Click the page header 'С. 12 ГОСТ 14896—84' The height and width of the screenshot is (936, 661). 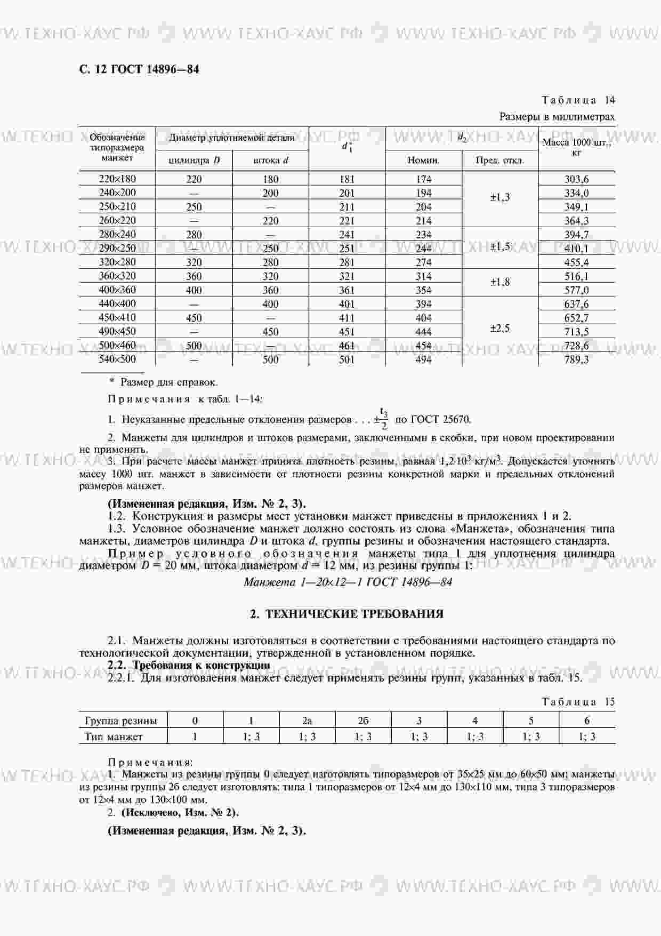[139, 69]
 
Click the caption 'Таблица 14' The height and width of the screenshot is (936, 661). [578, 100]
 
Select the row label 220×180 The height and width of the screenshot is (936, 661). [117, 179]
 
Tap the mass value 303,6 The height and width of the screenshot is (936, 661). [576, 179]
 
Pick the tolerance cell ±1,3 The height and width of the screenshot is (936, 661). [500, 197]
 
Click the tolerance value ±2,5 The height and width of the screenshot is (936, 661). [500, 329]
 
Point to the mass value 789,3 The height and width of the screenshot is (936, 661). [576, 359]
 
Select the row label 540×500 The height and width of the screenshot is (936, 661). [117, 359]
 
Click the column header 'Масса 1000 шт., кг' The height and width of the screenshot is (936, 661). [576, 147]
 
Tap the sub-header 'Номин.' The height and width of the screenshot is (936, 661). [423, 160]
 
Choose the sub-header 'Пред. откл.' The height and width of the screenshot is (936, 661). [499, 160]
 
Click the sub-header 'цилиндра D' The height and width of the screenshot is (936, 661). [194, 160]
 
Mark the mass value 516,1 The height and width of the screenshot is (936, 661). [576, 276]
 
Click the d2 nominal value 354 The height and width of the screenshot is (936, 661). [423, 290]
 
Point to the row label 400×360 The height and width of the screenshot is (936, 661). [117, 290]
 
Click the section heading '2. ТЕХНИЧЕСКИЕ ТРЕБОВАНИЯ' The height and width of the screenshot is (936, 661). [347, 614]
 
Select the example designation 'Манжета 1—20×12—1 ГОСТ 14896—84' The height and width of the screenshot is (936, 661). [348, 582]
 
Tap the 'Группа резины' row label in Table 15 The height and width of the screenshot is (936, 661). [121, 721]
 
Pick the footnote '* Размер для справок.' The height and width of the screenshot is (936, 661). [163, 382]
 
